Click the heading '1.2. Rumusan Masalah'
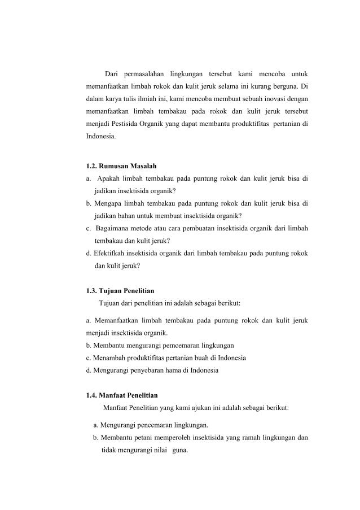pos(121,167)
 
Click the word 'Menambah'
pos(107,358)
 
